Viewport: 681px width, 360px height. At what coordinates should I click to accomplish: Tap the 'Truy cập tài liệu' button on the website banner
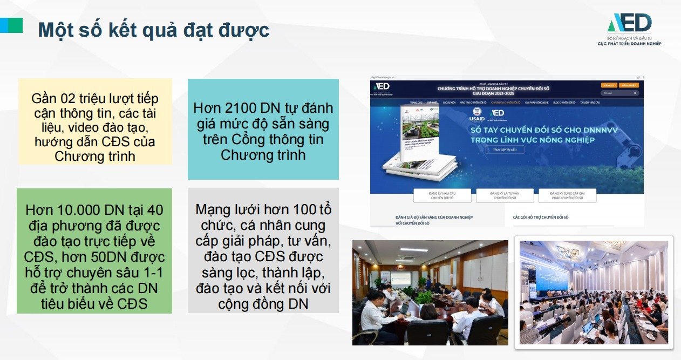(505, 150)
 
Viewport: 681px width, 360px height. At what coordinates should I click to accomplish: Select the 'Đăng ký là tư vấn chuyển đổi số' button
(505, 195)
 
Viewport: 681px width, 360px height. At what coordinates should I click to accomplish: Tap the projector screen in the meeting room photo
(400, 279)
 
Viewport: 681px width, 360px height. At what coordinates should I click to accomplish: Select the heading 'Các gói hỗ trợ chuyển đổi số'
(540, 217)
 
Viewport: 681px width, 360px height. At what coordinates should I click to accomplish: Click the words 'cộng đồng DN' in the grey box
(263, 303)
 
